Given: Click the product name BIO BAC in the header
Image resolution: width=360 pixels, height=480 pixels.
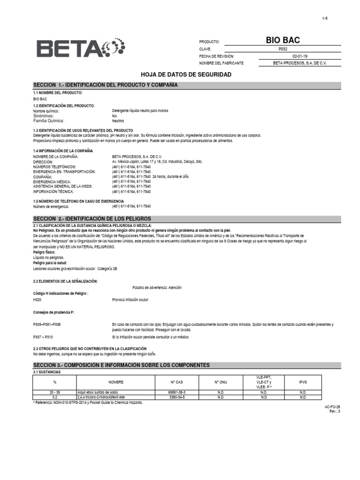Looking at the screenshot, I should [x=283, y=41].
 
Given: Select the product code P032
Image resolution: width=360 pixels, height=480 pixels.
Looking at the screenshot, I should [x=283, y=49].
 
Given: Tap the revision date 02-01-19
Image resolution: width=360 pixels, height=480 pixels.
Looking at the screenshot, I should [x=283, y=56].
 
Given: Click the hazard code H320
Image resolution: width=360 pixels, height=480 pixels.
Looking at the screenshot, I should [x=37, y=300].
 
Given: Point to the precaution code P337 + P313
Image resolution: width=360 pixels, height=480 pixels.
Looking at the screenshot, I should [x=43, y=337].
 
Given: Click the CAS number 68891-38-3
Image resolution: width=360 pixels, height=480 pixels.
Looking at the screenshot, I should [x=177, y=392].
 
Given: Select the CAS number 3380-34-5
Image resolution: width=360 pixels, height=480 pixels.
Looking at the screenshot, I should [x=177, y=397].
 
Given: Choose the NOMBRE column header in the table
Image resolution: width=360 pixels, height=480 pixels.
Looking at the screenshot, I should [x=116, y=382].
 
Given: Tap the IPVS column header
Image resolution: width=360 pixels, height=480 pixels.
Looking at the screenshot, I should [x=303, y=382].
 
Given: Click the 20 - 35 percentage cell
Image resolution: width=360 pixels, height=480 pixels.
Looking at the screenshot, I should [x=55, y=392].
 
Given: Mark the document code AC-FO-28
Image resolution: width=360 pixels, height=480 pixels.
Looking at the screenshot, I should [x=332, y=407].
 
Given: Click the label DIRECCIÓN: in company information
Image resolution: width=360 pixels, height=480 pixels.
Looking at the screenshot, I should [x=44, y=161].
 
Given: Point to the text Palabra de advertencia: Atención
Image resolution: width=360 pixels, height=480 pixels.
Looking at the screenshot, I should [x=157, y=287].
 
